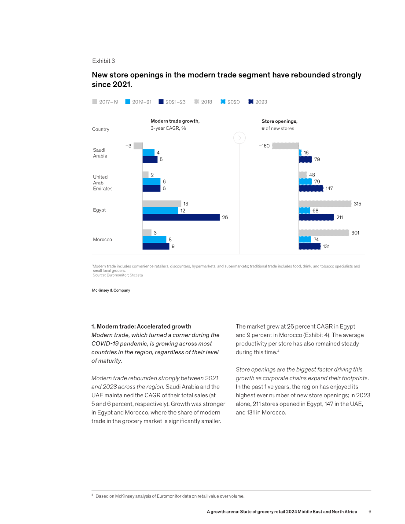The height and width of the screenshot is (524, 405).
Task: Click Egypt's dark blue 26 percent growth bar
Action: click(x=181, y=217)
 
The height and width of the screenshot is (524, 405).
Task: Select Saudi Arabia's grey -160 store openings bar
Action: click(x=285, y=146)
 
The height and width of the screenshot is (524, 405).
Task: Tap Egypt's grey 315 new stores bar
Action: click(x=325, y=204)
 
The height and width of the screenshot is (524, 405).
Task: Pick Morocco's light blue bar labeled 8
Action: click(x=154, y=240)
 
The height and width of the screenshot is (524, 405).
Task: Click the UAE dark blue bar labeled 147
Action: click(x=311, y=188)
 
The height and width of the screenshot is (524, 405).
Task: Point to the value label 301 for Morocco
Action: click(x=355, y=233)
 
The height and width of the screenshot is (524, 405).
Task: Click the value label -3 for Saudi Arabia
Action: click(x=129, y=146)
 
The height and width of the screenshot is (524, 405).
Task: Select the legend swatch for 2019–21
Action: click(x=128, y=102)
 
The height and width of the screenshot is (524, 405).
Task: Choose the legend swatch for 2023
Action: click(x=251, y=102)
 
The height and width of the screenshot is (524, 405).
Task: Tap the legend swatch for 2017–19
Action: click(x=95, y=102)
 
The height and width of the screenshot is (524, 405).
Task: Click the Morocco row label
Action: click(x=102, y=240)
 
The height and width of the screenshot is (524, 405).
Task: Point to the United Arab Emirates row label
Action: click(x=103, y=183)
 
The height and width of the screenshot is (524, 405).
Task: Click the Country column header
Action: click(x=101, y=129)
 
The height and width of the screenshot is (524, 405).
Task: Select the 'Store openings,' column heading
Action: click(x=280, y=121)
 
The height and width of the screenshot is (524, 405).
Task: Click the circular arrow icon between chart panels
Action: click(x=239, y=138)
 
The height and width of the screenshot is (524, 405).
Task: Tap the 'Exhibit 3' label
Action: click(x=104, y=61)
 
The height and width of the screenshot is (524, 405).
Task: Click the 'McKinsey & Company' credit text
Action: click(x=111, y=290)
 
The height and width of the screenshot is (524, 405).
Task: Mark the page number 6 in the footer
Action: click(x=370, y=512)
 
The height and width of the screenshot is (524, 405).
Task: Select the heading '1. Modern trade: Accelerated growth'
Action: click(x=141, y=326)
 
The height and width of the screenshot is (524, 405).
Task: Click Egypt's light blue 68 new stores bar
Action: click(x=304, y=211)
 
